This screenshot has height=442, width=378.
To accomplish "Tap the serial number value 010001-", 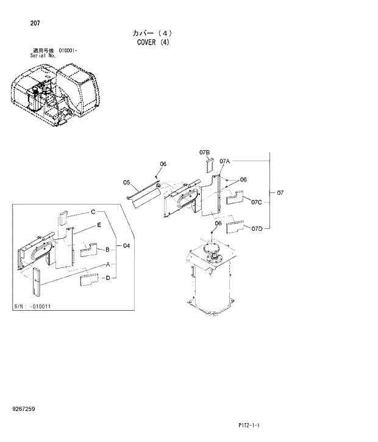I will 68,51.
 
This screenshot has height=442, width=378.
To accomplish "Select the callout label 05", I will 126,182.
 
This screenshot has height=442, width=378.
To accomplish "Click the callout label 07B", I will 204,151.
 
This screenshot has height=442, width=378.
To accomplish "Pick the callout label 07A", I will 224,161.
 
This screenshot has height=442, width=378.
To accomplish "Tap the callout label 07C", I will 256,202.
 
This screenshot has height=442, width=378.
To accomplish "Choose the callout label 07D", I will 256,228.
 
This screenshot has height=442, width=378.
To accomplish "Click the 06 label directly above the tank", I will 218,223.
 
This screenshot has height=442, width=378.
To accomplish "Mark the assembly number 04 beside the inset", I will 126,246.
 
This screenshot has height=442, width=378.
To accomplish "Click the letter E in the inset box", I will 98,225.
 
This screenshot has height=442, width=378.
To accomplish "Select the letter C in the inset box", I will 93,212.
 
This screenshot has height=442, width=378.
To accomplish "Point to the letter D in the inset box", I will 107,278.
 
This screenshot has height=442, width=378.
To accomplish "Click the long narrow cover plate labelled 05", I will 144,195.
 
